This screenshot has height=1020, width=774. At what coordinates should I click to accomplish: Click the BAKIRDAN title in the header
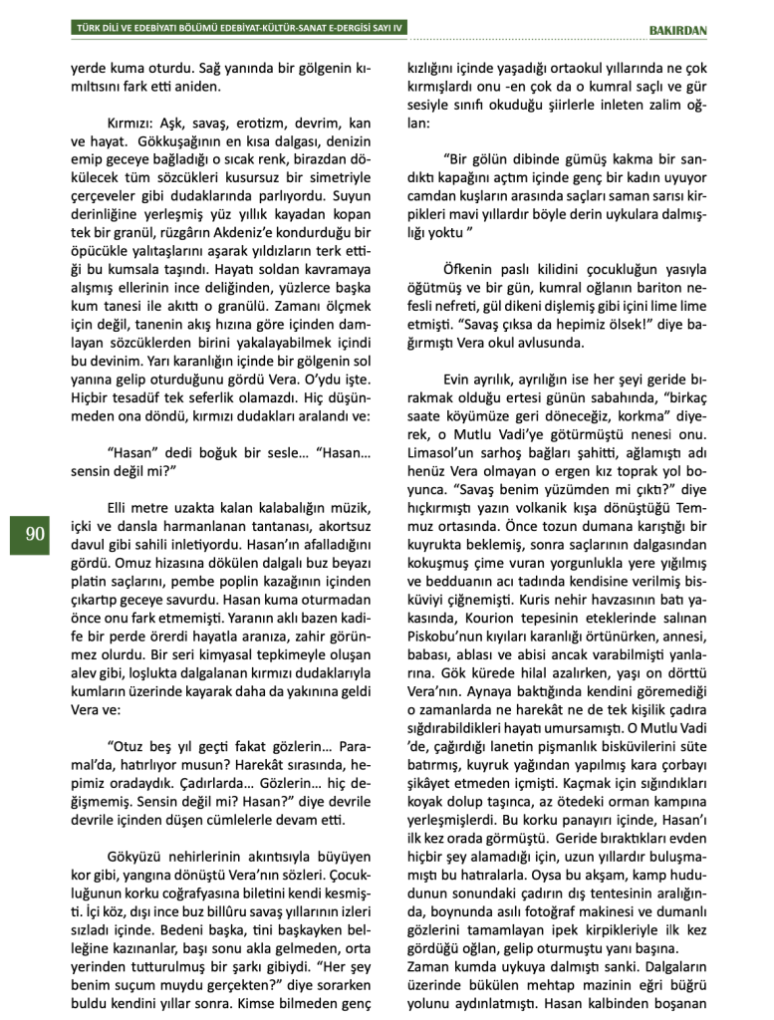(677, 30)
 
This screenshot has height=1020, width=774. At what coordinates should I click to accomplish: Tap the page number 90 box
(35, 535)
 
